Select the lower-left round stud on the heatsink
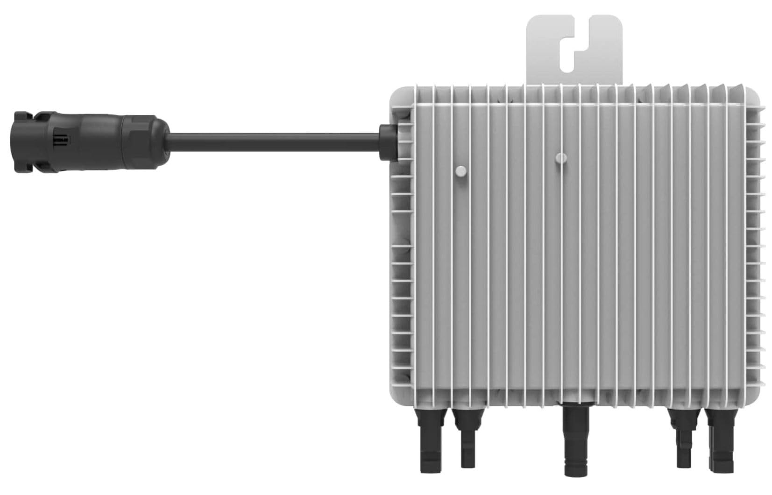coord(461,171)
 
